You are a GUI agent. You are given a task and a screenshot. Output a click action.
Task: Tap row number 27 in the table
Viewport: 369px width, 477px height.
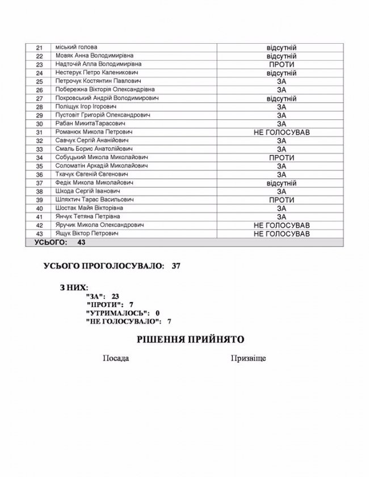point(39,98)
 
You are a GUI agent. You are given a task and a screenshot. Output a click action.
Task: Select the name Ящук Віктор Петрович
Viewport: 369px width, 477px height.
point(86,233)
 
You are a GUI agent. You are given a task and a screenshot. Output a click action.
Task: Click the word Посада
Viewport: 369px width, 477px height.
point(115,359)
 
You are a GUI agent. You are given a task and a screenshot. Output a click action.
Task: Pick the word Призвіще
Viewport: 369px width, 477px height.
point(249,359)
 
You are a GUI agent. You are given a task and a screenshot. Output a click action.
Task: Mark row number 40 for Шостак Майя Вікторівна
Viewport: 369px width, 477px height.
point(39,208)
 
